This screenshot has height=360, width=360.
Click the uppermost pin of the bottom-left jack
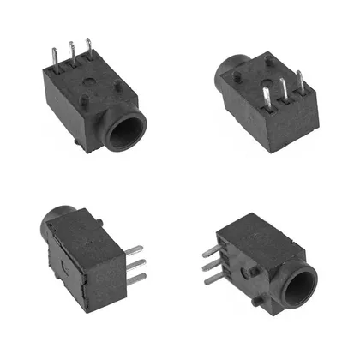coord(133,250)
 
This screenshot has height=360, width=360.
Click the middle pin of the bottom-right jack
coord(211,267)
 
